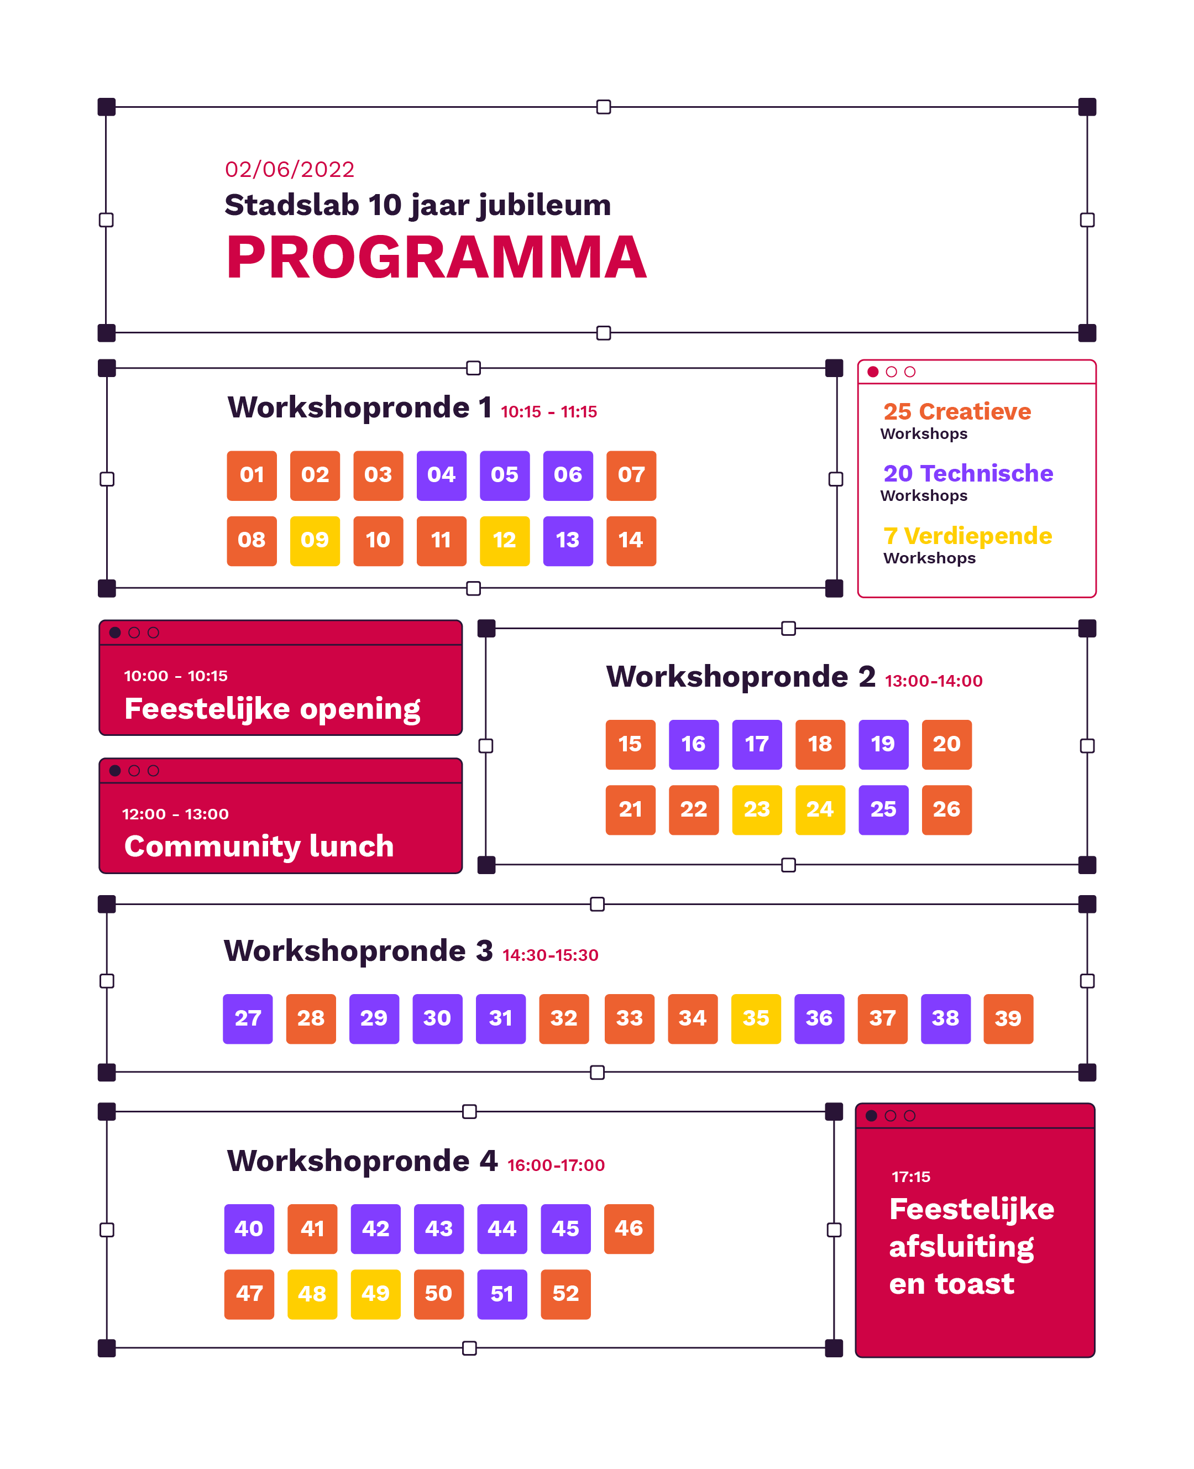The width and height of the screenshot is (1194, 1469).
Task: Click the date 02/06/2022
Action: click(290, 169)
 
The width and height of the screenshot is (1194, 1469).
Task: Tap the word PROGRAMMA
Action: click(436, 257)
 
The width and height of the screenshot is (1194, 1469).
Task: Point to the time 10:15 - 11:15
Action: click(549, 412)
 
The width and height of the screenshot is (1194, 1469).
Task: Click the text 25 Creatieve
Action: click(957, 411)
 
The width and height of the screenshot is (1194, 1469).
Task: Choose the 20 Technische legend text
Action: click(968, 473)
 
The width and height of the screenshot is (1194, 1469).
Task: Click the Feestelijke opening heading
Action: click(273, 709)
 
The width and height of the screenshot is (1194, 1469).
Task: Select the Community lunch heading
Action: click(259, 846)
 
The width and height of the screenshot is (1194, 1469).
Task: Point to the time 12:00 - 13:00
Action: click(175, 814)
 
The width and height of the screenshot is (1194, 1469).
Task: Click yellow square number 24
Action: click(820, 810)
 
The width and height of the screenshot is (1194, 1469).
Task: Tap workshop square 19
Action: click(884, 745)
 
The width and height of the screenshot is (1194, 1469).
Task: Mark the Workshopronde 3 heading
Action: click(358, 951)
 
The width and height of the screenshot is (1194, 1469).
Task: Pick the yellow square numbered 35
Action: click(756, 1019)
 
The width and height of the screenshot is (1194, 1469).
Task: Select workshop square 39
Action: click(1008, 1019)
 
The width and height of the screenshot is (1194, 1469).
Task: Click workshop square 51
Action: click(502, 1294)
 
